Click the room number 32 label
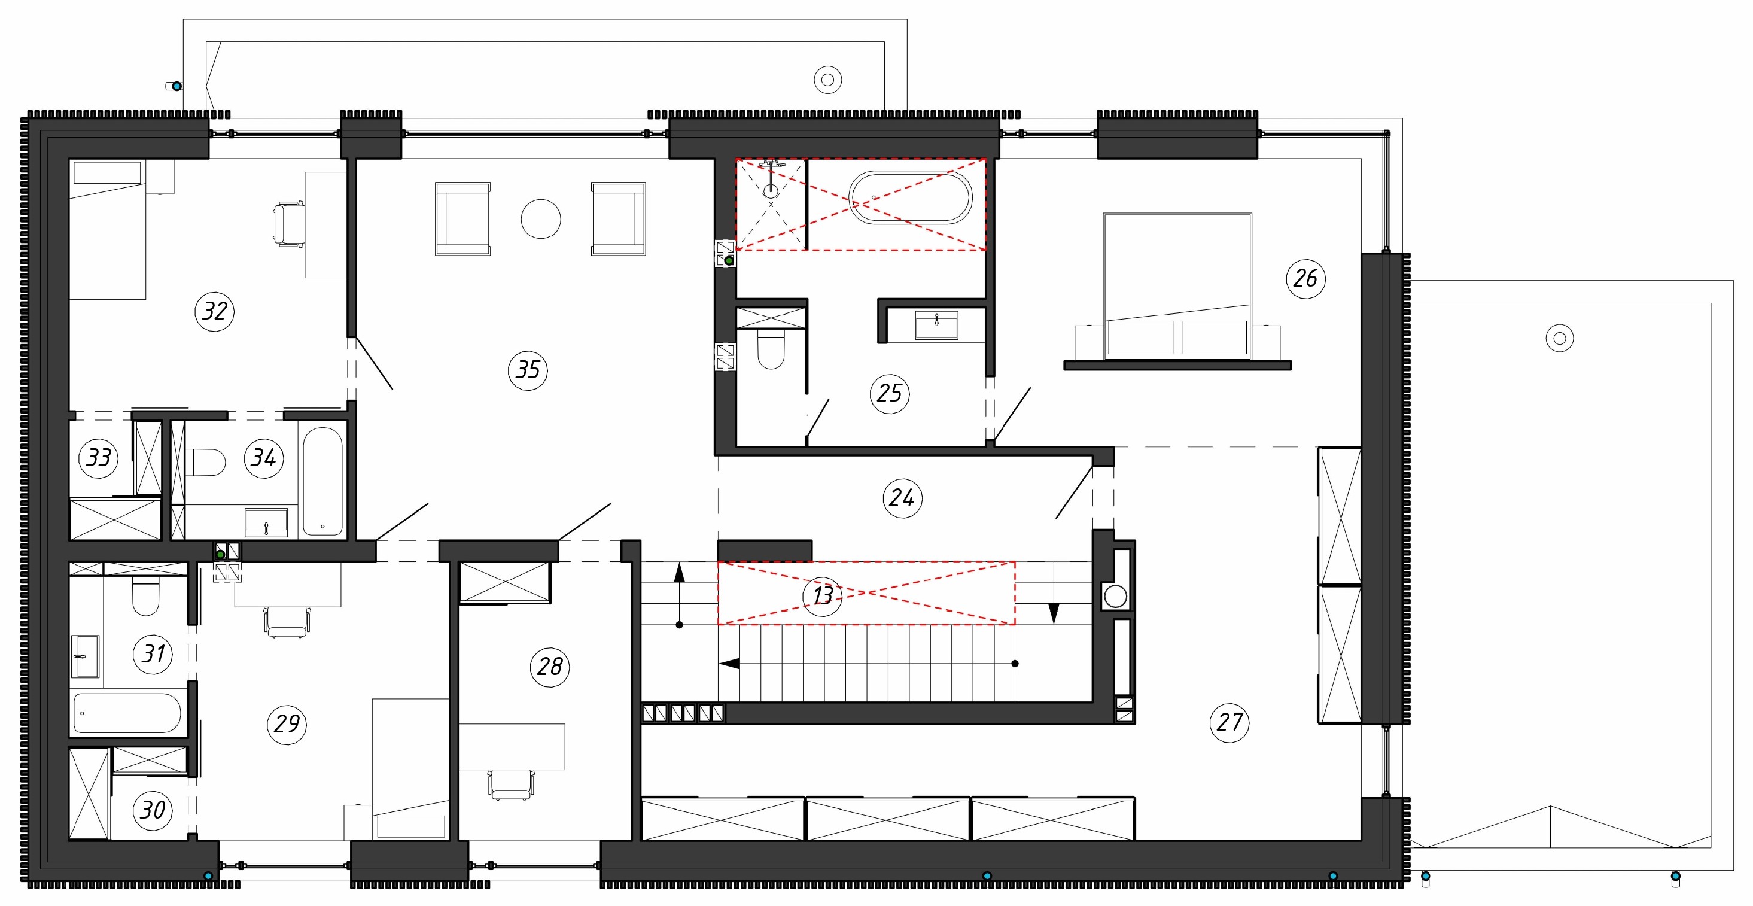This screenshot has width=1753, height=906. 215,311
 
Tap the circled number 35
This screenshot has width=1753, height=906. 528,370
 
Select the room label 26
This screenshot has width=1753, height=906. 1306,278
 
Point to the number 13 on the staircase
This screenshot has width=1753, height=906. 823,595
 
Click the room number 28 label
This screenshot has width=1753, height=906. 550,667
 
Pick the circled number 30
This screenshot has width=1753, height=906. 153,810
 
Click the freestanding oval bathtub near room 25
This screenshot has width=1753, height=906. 911,197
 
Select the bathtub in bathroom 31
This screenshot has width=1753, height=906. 127,713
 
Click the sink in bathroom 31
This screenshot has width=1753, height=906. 85,657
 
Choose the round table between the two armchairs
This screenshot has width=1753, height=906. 541,218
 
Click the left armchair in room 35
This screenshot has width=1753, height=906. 462,218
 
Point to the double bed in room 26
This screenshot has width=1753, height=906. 1177,287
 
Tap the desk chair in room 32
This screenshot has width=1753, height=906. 288,224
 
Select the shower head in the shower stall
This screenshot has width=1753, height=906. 771,190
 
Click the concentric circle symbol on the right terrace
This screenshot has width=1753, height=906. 1560,338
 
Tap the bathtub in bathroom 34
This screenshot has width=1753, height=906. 322,481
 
